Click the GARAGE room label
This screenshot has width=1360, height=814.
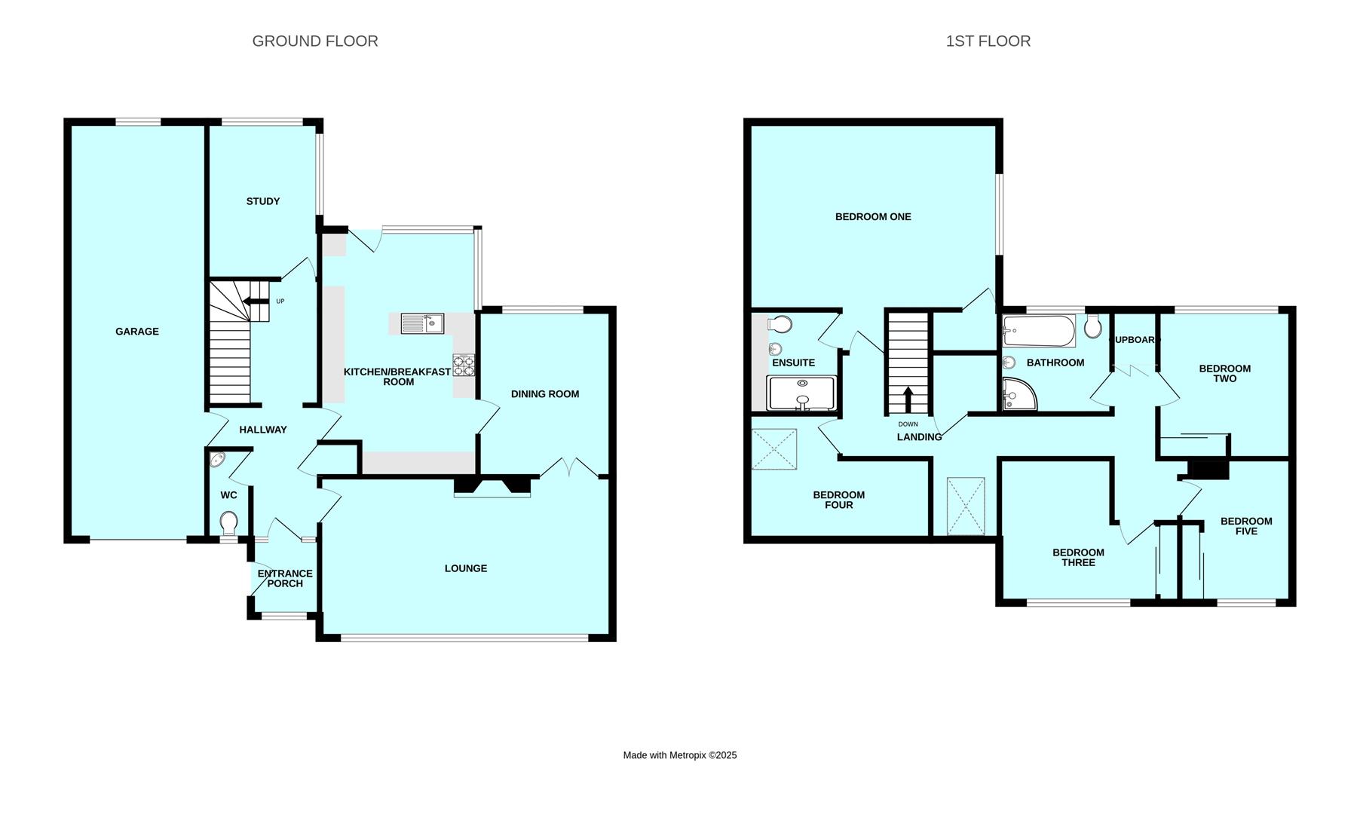click(137, 332)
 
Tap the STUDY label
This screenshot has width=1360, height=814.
click(263, 201)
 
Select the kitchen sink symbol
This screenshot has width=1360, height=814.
click(423, 323)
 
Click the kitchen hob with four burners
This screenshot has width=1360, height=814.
click(464, 366)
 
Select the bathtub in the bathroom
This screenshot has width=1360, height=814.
click(1039, 331)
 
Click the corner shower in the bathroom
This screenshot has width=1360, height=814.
click(1020, 394)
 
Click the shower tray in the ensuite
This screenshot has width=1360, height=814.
click(801, 393)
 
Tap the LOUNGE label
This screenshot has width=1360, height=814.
click(466, 568)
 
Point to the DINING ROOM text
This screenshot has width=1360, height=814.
click(545, 394)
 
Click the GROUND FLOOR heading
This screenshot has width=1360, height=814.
click(315, 41)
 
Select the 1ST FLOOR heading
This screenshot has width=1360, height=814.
click(988, 41)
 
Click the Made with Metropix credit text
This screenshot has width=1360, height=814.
click(680, 755)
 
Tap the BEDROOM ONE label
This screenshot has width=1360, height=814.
click(873, 217)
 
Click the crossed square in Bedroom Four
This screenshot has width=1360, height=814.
click(774, 449)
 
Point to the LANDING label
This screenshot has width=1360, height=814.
click(919, 437)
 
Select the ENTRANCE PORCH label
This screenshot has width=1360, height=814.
click(285, 579)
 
